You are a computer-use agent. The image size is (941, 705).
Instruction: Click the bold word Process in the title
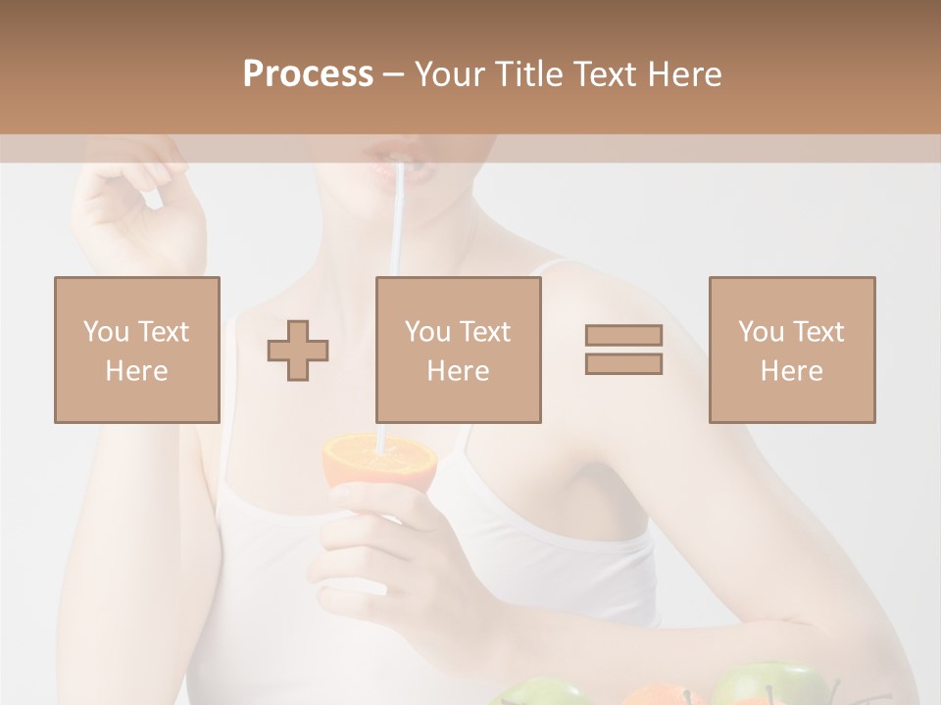(308, 74)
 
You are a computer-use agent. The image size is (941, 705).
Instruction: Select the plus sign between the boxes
(298, 351)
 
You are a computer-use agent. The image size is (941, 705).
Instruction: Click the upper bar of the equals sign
(623, 335)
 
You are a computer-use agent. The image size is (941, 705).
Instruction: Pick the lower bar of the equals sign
(623, 364)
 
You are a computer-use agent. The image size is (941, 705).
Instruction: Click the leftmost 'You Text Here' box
(136, 350)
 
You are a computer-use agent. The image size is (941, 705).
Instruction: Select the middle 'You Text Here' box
(458, 350)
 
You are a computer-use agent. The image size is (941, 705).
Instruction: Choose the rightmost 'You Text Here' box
(791, 350)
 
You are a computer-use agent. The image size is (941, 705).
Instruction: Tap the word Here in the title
(686, 74)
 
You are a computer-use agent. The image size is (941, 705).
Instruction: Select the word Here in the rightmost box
(791, 370)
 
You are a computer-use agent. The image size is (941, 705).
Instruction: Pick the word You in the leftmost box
(104, 331)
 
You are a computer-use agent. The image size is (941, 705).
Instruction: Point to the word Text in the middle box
(485, 331)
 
